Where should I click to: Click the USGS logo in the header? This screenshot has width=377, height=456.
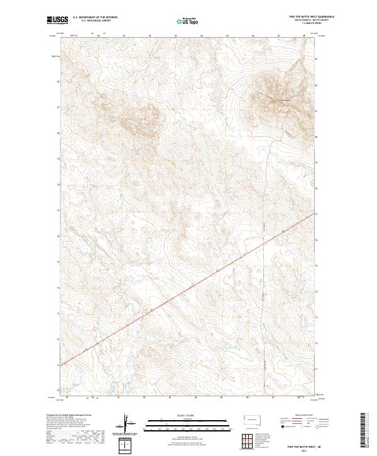pos(55,20)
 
